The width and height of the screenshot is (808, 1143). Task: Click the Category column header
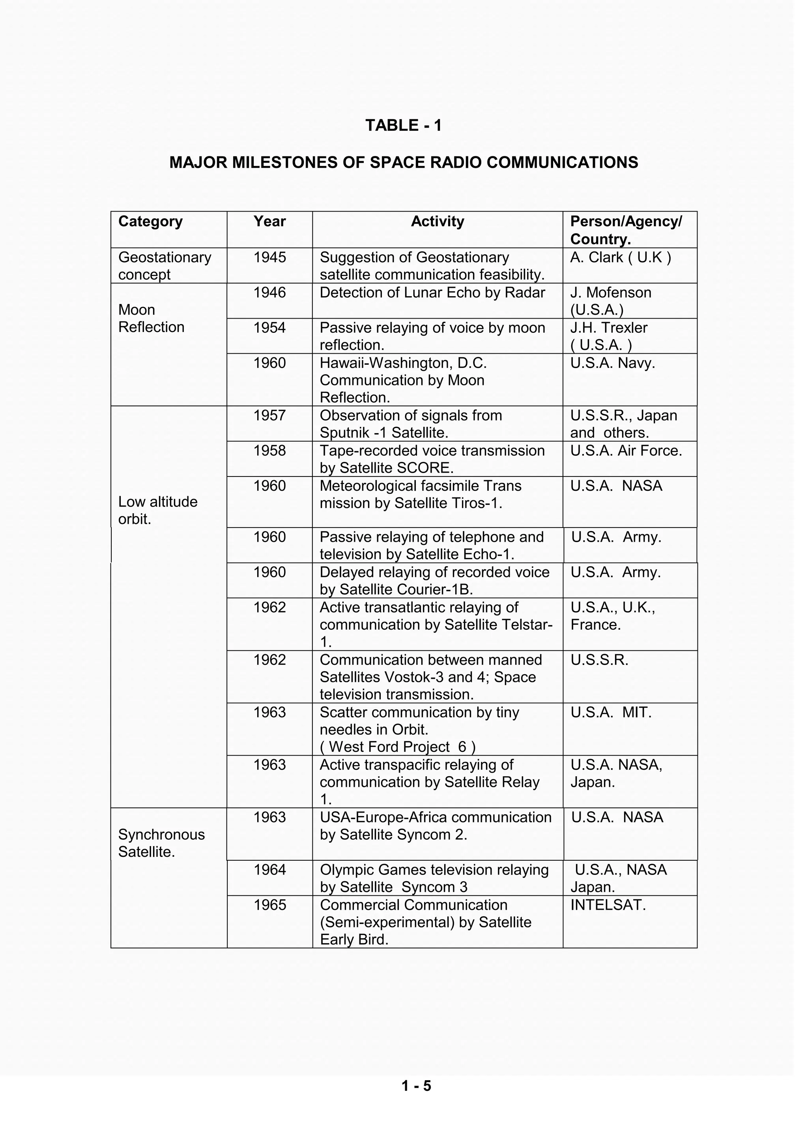150,221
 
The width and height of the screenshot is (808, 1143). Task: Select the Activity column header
437,221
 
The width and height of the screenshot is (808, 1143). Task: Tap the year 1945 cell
270,257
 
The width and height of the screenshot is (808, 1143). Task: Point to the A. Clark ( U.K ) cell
621,257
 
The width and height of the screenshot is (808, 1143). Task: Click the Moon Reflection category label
151,319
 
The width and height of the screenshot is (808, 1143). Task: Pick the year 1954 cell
270,328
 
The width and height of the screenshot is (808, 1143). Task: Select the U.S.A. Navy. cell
612,363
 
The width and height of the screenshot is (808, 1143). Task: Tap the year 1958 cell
270,451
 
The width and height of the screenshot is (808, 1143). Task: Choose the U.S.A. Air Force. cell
626,451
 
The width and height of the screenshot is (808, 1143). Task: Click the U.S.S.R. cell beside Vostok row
600,661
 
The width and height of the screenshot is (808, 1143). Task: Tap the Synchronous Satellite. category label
161,843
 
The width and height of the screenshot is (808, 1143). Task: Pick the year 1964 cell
270,870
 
